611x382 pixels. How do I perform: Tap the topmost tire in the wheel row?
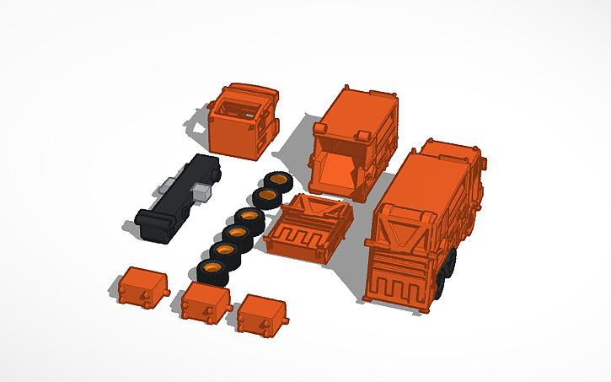pyautogui.click(x=277, y=180)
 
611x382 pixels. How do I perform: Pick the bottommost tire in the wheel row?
pyautogui.click(x=213, y=271)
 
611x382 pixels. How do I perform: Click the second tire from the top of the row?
pyautogui.click(x=268, y=197)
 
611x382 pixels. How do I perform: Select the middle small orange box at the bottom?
pyautogui.click(x=205, y=302)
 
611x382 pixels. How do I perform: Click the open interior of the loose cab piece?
pyautogui.click(x=243, y=108)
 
